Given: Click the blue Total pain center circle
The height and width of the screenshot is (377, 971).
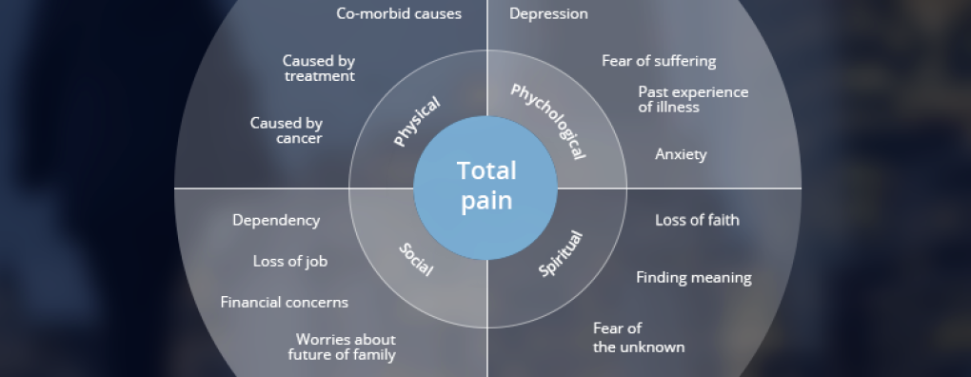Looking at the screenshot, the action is point(485,188).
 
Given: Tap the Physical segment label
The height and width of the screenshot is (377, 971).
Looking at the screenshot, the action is point(417,122).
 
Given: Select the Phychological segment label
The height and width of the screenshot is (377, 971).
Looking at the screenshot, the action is point(548,121).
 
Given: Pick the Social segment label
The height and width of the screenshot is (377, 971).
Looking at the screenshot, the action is point(415,259).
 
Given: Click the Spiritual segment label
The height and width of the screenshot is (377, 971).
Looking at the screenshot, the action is point(561,253).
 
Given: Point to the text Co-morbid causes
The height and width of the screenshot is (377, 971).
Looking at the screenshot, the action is point(399,13).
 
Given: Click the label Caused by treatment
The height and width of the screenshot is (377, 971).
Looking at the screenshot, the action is point(319,69).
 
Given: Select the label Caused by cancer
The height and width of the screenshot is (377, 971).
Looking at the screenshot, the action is point(287,130).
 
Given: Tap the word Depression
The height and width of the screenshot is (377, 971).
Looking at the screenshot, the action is point(548,13).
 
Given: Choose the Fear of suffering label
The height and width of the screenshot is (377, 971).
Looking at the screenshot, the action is point(659,61).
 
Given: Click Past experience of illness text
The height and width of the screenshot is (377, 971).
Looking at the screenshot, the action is point(694,100).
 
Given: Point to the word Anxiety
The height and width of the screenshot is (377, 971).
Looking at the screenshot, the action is point(681,154).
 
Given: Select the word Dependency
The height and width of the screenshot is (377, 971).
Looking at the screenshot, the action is point(276,220).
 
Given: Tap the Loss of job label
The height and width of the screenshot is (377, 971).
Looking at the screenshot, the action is point(289,261).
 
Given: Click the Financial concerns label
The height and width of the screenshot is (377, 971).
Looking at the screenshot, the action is point(285,302).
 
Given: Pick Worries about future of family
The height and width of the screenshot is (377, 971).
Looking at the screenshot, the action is point(342,347).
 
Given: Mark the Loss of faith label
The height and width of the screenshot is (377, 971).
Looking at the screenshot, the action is point(697,220).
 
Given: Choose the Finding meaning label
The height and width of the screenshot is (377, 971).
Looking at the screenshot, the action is point(694,278).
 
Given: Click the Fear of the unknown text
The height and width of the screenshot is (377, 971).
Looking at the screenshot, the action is point(639,337).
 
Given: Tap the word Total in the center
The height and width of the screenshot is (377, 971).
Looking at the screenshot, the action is point(486,170).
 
